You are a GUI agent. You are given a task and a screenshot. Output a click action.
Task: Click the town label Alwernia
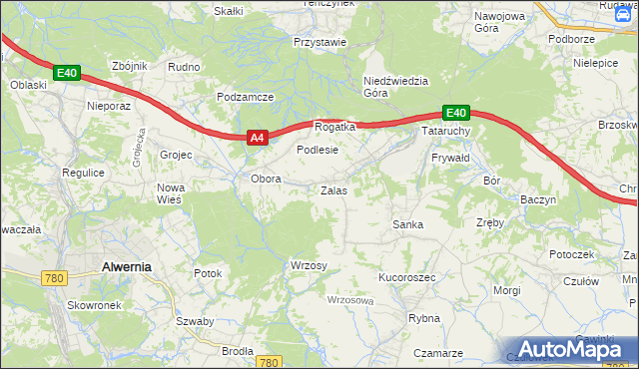click(x=126, y=266)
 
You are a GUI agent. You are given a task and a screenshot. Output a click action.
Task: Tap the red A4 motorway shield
click(x=257, y=139)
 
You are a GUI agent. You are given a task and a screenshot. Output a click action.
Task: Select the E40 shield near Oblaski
click(x=66, y=73)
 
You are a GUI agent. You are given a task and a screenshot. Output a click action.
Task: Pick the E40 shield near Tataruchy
click(x=455, y=113)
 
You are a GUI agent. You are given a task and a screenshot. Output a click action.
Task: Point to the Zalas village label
click(x=333, y=189)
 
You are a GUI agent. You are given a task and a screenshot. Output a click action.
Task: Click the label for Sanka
click(x=407, y=224)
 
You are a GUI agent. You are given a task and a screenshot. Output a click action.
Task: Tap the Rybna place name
click(x=424, y=318)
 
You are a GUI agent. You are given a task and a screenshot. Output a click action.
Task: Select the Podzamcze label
click(x=246, y=97)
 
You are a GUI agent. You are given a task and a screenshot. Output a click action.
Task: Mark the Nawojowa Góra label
click(x=500, y=24)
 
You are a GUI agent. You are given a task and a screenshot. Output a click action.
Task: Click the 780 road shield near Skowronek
click(x=55, y=278)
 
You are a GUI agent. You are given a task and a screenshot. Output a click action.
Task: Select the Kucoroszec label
click(x=407, y=277)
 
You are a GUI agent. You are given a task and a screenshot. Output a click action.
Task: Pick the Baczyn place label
click(x=538, y=199)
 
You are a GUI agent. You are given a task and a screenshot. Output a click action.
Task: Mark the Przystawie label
click(x=319, y=42)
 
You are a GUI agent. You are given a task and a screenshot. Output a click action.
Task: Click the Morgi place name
click(x=507, y=290)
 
